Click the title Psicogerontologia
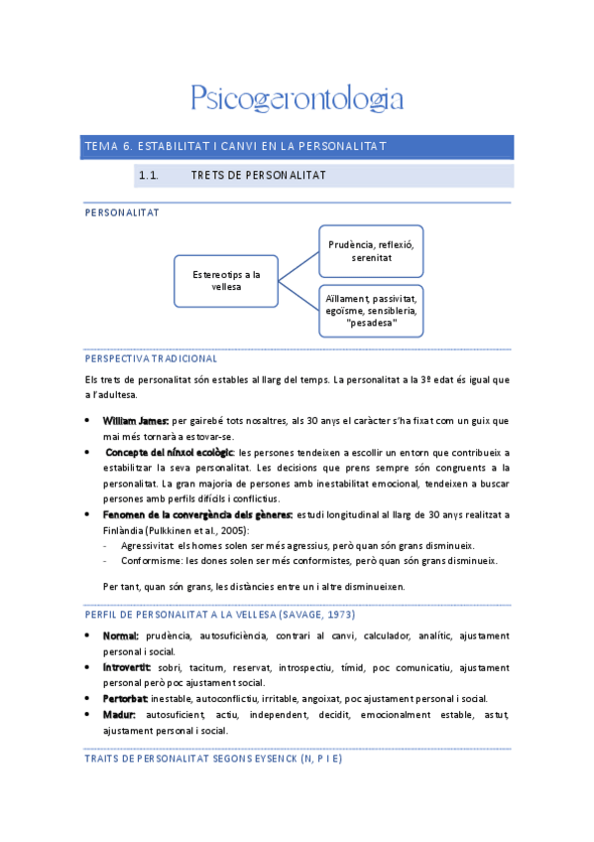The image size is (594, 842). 297,98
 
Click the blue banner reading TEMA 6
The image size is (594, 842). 297,147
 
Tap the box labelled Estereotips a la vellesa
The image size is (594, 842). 227,281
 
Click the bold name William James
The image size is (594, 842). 137,421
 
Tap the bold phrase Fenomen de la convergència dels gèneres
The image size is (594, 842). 197,514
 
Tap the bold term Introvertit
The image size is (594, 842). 127,667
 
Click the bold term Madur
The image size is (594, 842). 120,715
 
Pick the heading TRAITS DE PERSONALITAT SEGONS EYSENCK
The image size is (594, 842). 214,758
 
